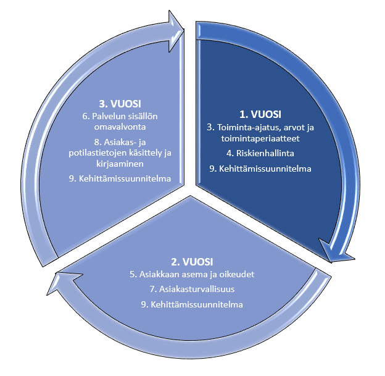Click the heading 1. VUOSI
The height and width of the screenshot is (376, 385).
pos(260,114)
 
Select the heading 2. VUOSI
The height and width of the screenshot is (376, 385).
pos(192,262)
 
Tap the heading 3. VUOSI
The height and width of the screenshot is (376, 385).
pos(120,104)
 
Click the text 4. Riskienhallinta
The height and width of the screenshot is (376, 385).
pos(260,153)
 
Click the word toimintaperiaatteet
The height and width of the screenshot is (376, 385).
pos(260,138)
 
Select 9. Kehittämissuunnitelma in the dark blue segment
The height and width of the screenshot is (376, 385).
pos(260,169)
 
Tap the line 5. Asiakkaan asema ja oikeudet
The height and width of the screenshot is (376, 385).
pos(192,274)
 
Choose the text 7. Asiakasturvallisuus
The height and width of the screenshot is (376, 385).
pos(192,289)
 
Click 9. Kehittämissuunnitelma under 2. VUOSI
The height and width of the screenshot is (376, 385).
pos(192,305)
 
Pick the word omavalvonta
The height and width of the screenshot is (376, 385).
pos(120,127)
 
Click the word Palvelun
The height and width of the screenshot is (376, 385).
pos(108,116)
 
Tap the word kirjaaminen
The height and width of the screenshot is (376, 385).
pos(120,164)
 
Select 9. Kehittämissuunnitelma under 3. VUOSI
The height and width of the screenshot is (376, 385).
pos(120,178)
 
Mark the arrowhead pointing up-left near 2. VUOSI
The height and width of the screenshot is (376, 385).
pos(64,283)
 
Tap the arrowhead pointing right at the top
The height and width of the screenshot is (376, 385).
pos(176,31)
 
